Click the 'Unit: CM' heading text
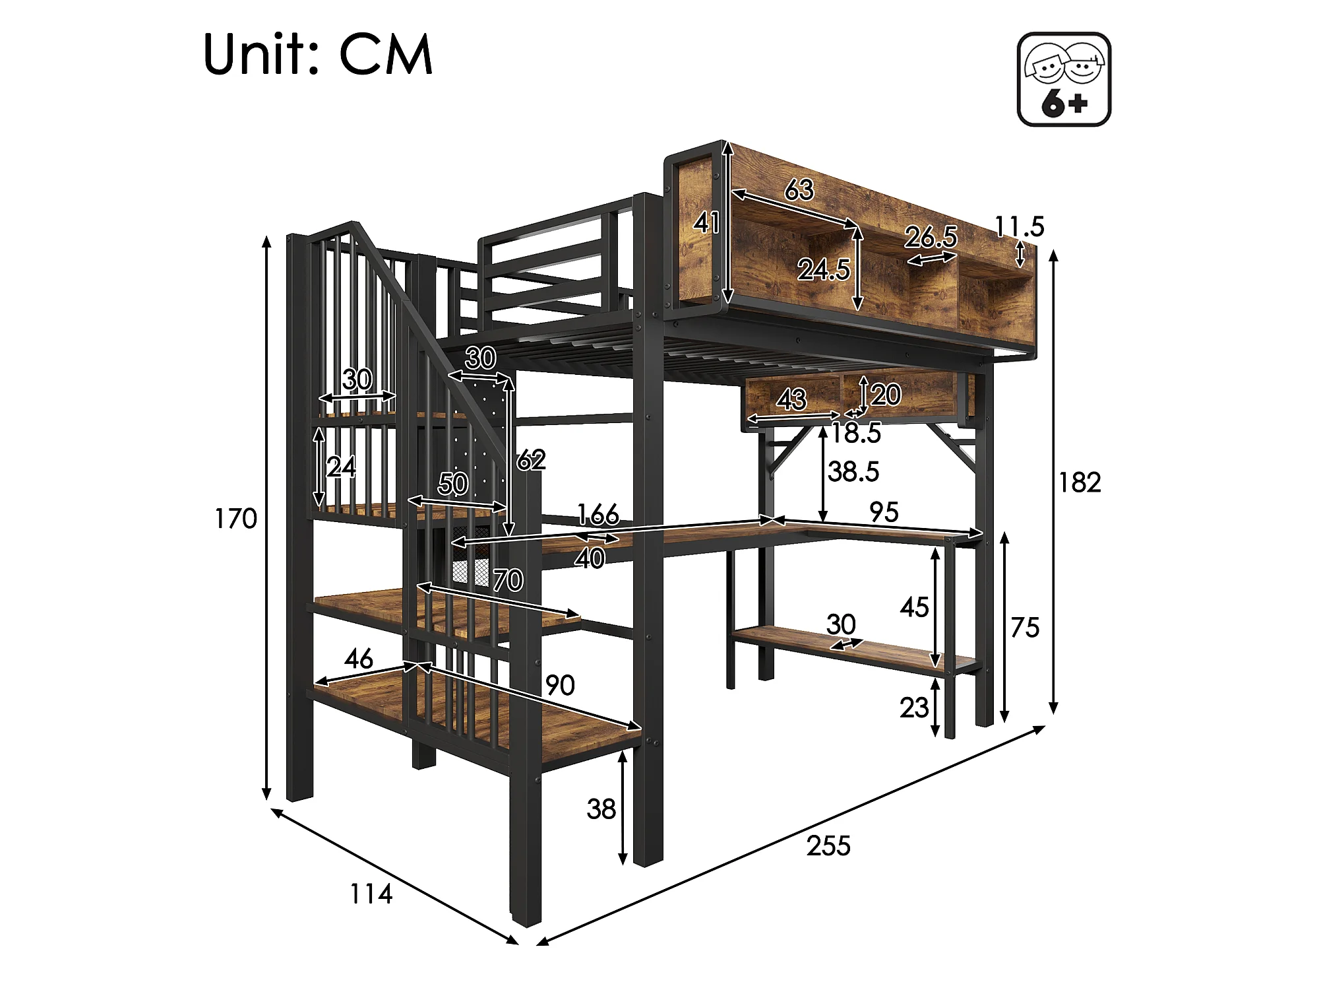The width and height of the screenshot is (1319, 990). [318, 54]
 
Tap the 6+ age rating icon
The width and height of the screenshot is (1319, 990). [1064, 80]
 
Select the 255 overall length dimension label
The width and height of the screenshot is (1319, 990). [828, 846]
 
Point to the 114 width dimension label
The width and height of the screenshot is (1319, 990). [371, 894]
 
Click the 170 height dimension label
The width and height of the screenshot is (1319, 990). [235, 519]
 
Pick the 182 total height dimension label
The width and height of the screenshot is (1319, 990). [1080, 483]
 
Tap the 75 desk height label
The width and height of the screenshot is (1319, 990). [1024, 628]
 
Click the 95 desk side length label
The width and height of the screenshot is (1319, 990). [884, 512]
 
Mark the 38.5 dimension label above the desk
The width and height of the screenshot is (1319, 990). [853, 472]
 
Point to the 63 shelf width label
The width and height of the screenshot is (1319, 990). [799, 190]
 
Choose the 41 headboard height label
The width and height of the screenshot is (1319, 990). [706, 223]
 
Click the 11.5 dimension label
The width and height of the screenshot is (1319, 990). [1020, 227]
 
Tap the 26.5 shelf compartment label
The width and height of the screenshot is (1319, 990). [931, 237]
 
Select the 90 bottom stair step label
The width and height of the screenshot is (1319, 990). [560, 686]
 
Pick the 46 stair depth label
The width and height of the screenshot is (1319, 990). [358, 658]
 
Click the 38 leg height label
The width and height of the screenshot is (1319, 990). [601, 809]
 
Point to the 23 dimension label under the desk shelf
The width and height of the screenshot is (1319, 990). [914, 708]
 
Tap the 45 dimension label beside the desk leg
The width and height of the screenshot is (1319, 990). [914, 607]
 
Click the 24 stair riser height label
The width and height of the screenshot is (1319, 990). [341, 467]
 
